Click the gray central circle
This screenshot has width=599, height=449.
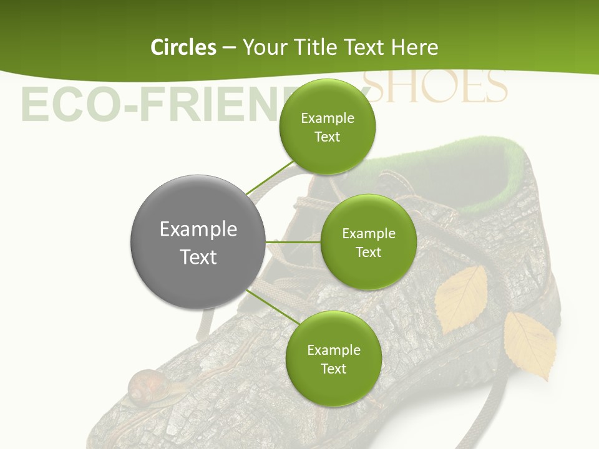click(x=198, y=242)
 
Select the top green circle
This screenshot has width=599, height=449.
click(x=327, y=127)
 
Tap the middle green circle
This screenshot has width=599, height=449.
click(x=368, y=242)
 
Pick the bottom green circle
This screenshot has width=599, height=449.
click(x=333, y=359)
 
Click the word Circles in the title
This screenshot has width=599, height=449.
click(x=183, y=47)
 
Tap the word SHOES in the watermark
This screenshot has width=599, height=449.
click(x=437, y=87)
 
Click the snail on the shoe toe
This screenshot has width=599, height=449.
click(x=142, y=385)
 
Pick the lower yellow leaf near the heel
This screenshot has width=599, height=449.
click(x=530, y=344)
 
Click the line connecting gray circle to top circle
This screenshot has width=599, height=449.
click(x=270, y=177)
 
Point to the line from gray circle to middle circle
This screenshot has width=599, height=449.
click(x=293, y=241)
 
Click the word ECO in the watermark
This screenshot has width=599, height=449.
click(x=56, y=105)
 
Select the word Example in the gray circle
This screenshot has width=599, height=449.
click(x=198, y=229)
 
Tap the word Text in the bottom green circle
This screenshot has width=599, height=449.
click(x=333, y=369)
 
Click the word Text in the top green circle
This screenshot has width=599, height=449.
click(x=327, y=137)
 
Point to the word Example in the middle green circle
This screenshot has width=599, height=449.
click(x=368, y=233)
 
